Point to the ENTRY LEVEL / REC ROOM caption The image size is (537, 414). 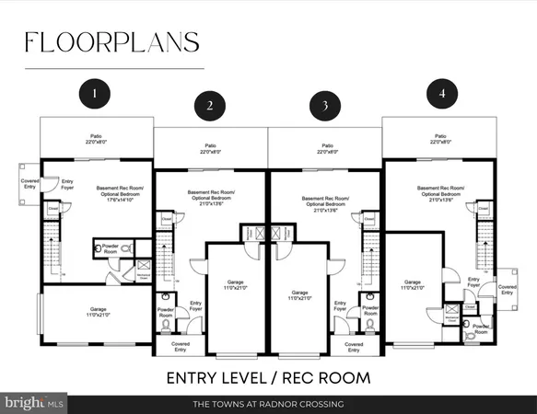pyautogui.click(x=268, y=377)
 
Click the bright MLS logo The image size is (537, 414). pyautogui.click(x=34, y=403)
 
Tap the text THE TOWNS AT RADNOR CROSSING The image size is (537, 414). pyautogui.click(x=268, y=404)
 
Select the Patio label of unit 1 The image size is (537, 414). pyautogui.click(x=96, y=140)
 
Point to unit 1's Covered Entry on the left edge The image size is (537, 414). pyautogui.click(x=29, y=184)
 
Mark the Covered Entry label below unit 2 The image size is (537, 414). pyautogui.click(x=181, y=346)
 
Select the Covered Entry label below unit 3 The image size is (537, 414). pyautogui.click(x=356, y=346)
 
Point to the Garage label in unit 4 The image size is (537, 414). pyautogui.click(x=413, y=285)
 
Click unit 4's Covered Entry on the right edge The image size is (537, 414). pyautogui.click(x=508, y=290)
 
